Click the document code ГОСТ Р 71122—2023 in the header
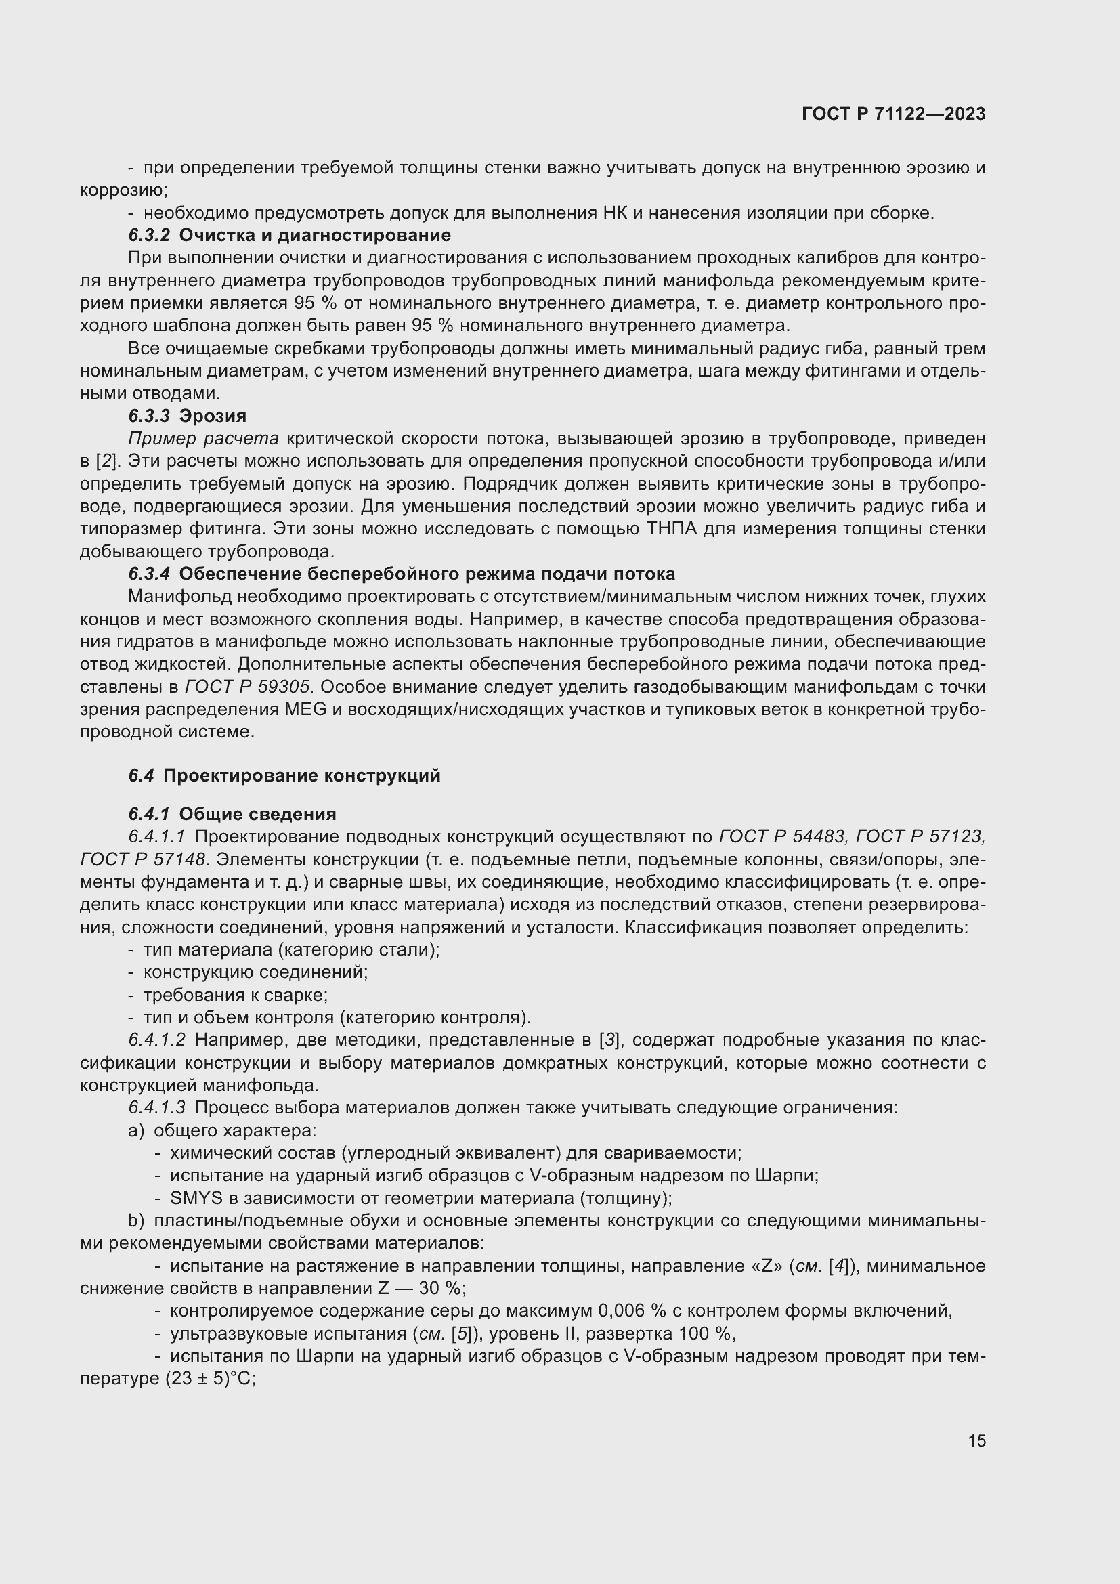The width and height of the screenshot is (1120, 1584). [894, 114]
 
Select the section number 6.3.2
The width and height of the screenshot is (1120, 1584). [148, 235]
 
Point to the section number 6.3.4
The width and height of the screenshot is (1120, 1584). [148, 574]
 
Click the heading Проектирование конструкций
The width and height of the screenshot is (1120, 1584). [301, 775]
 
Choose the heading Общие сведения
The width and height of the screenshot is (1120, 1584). [257, 814]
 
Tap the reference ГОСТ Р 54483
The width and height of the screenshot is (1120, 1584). [782, 837]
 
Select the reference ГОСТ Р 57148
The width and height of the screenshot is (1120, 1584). [143, 859]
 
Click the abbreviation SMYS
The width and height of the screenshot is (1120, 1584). [191, 1199]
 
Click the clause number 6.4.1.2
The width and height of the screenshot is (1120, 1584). [156, 1040]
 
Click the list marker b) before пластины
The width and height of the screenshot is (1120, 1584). [137, 1220]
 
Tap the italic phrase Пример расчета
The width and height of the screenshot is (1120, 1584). [203, 439]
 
